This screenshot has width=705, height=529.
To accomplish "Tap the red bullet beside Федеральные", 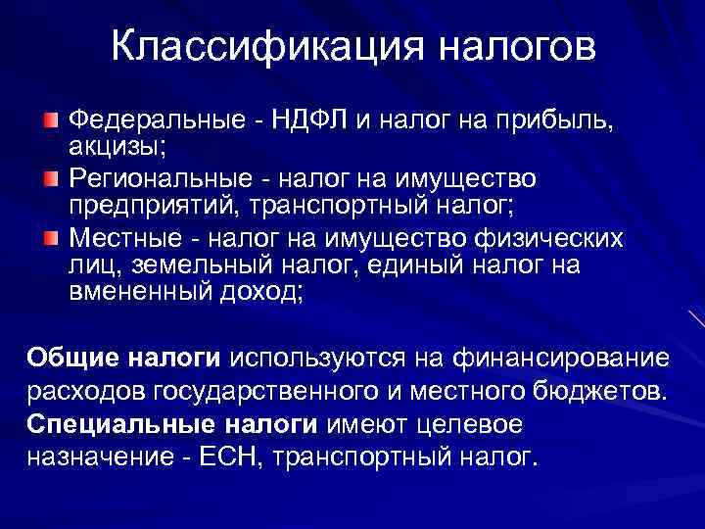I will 51,120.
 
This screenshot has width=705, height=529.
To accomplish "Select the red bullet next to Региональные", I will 51,180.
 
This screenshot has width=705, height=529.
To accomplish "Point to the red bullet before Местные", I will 51,239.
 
